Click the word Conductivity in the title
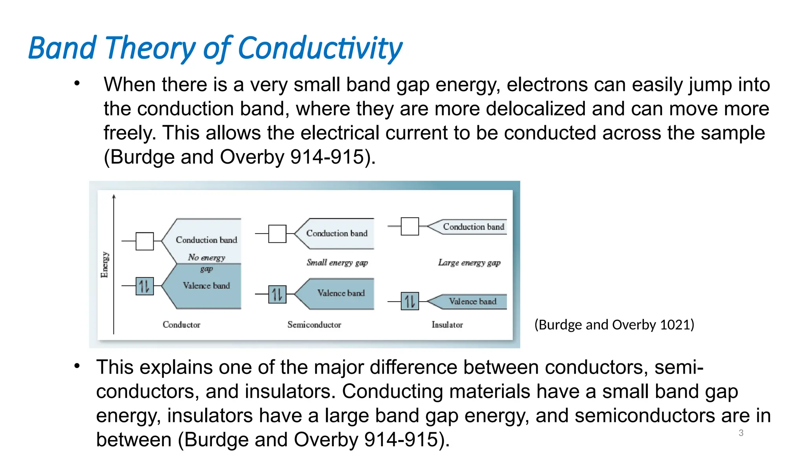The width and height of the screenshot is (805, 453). pos(320,48)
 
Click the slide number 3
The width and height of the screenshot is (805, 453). pos(741,433)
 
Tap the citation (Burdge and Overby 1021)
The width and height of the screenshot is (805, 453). pos(614,325)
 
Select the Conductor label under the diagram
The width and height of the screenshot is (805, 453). pos(181,325)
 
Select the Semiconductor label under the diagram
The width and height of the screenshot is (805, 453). pos(314,325)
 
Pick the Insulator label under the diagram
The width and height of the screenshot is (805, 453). pos(447,325)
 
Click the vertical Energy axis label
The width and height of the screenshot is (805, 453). pos(105,264)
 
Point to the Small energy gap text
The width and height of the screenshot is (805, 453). pos(337,262)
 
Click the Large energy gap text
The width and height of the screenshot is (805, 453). pos(469,262)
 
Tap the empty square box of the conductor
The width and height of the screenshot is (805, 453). pos(145,241)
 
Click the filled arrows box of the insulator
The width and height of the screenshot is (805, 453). pos(410,301)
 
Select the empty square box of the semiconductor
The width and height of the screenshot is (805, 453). pos(277,234)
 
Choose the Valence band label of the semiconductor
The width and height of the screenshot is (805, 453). pos(341,293)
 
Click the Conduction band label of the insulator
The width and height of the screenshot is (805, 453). pos(473,226)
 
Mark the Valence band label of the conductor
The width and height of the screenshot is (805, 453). pos(206,285)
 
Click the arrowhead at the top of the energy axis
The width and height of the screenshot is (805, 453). pos(114,196)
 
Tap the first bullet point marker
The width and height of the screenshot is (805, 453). pos(77,83)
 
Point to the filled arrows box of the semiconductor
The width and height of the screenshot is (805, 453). pos(277,294)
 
